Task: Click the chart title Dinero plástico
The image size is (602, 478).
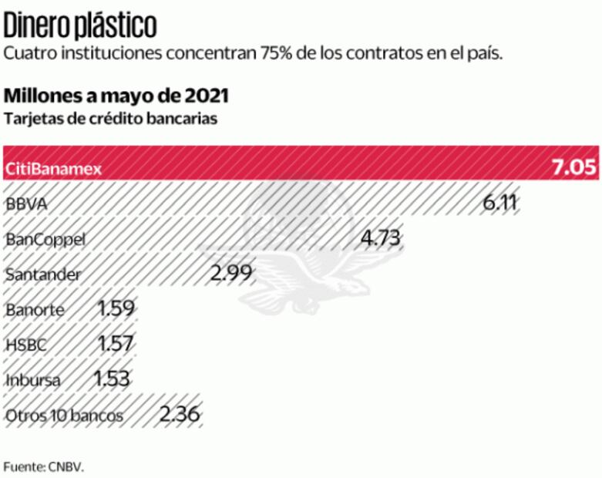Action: click(80, 25)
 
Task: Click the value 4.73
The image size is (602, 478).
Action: click(382, 238)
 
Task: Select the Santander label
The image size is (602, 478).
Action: click(42, 274)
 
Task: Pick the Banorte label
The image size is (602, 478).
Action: click(35, 310)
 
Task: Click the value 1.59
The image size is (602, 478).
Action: click(116, 309)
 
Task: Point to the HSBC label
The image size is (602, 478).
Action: click(25, 345)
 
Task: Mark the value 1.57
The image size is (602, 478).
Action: click(116, 345)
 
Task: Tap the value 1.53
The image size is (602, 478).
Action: click(113, 379)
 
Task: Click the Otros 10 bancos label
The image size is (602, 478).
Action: click(64, 416)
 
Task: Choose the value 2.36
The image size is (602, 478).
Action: click(180, 415)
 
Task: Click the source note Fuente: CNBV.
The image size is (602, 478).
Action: click(42, 467)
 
